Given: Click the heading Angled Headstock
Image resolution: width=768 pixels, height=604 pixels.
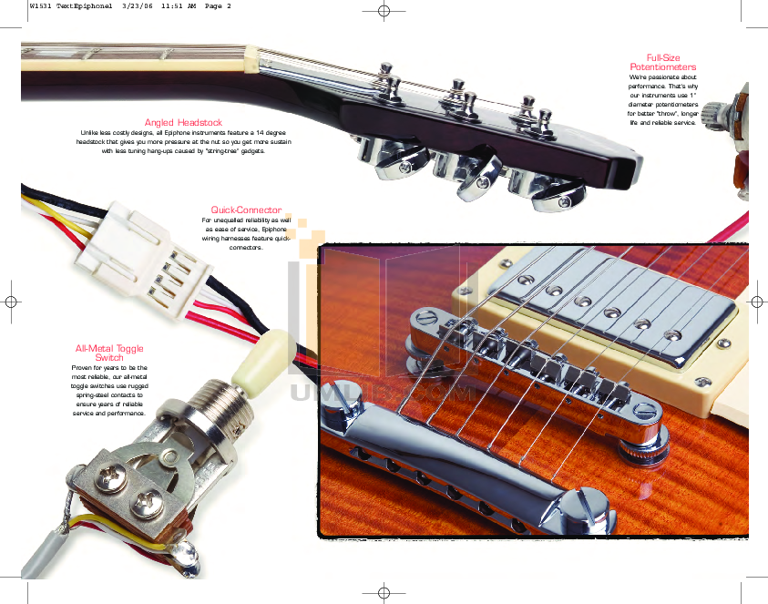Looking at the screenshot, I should point(183,122).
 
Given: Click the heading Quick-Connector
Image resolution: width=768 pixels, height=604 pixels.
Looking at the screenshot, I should point(246,210).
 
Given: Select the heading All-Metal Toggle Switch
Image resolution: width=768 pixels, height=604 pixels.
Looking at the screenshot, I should point(109,353).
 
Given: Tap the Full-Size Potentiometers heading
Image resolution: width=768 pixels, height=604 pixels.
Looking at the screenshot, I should point(663,63).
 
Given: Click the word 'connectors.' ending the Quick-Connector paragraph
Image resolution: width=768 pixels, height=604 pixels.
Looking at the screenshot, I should point(246,247).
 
